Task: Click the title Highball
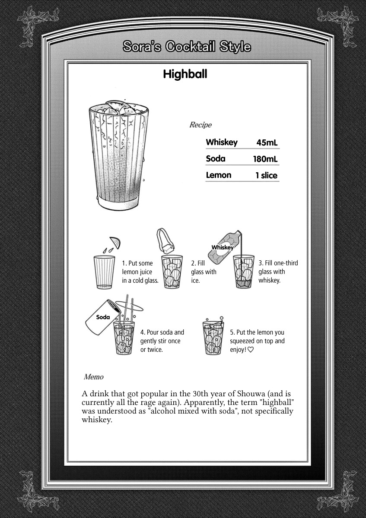(185, 74)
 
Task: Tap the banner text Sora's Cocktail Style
(187, 47)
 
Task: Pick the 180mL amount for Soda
(265, 159)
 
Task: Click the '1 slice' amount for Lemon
(266, 176)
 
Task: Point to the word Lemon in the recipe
(219, 175)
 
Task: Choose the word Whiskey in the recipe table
(222, 142)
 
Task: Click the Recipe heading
(201, 125)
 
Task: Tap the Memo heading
(94, 377)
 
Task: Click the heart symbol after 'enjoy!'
(250, 350)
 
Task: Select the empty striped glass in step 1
(104, 272)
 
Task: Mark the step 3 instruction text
(278, 272)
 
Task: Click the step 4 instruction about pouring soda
(162, 341)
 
